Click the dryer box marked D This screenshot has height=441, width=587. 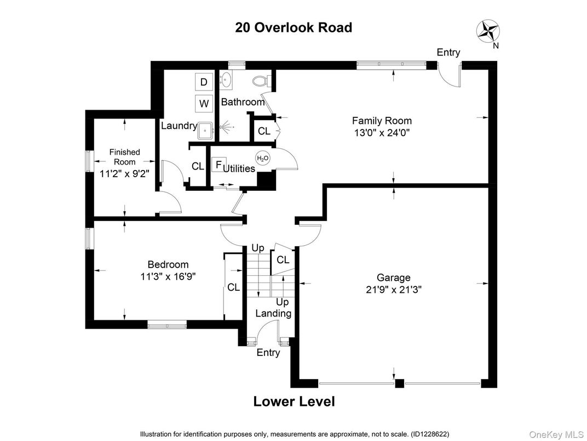point(204,82)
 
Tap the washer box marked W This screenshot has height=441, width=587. point(204,103)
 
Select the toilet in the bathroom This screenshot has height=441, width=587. point(260,82)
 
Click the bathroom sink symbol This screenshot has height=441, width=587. point(226,82)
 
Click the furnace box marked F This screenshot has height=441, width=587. point(218,165)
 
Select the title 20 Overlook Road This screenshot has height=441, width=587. point(293,27)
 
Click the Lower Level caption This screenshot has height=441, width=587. point(293,402)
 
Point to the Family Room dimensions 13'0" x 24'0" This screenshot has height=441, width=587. point(382,132)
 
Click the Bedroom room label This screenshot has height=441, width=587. point(168,264)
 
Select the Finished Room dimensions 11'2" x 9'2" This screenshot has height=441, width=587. point(124,174)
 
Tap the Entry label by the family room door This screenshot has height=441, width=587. point(448,53)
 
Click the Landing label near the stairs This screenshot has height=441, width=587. point(273,313)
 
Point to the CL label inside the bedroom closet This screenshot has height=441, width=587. point(233,287)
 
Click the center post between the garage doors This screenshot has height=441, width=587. point(400,383)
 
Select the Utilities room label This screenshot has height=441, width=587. point(239,168)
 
